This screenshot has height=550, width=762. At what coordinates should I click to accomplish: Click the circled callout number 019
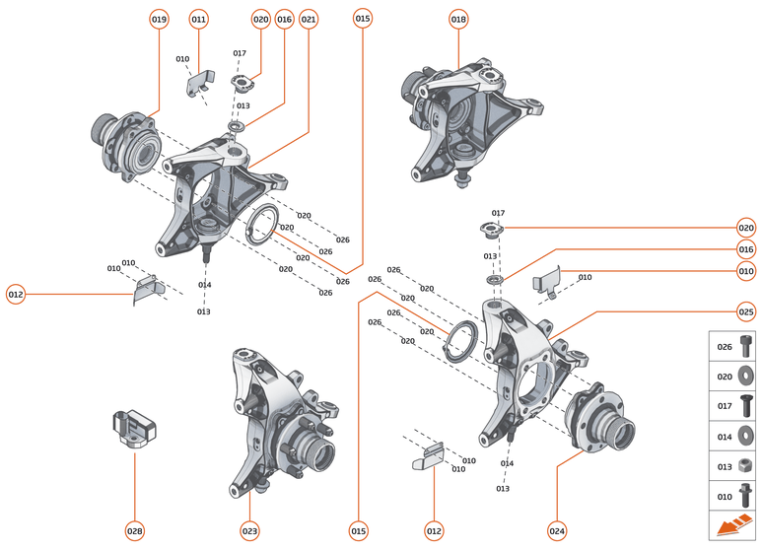coord(160,19)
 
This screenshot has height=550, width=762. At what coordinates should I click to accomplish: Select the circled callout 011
coord(198,19)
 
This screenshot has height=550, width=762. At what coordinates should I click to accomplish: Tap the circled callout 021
coord(309,19)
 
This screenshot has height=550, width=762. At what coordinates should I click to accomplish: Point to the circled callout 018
coord(458,19)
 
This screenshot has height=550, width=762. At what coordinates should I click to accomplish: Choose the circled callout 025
coord(746,311)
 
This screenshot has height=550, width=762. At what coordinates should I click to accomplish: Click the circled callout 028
coord(134,530)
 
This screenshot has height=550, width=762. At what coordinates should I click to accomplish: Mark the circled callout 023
coord(249,530)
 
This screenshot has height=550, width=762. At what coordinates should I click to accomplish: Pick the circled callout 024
coord(557,530)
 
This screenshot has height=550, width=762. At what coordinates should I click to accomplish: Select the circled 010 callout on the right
coord(746,271)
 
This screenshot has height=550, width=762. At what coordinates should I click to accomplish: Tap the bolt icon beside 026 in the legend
coord(746,347)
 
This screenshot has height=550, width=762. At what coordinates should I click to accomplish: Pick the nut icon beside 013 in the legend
coord(746,466)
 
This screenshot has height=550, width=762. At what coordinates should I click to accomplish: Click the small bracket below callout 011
coord(202,83)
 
